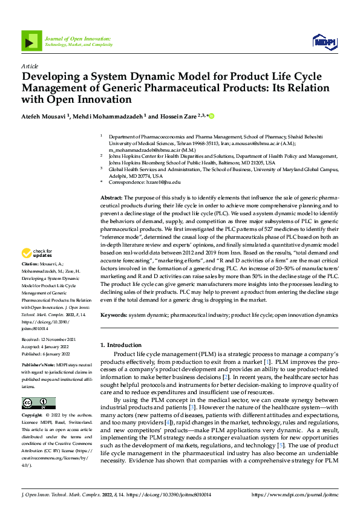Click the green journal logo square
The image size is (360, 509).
click(x=31, y=41)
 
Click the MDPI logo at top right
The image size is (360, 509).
click(x=324, y=41)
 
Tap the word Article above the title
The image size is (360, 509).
click(x=30, y=65)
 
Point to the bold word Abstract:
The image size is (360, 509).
click(x=112, y=198)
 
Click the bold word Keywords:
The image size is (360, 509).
click(x=113, y=316)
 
